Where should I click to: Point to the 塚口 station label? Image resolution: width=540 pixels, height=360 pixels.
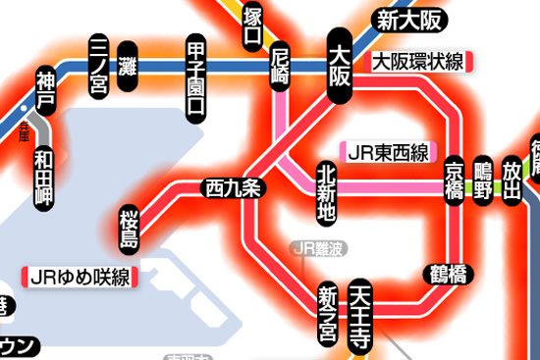point(253,26)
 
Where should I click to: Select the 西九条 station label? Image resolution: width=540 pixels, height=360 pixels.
point(233,186)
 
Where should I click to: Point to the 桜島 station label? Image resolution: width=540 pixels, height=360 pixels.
point(130,227)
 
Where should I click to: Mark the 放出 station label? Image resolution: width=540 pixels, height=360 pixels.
point(512,179)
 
